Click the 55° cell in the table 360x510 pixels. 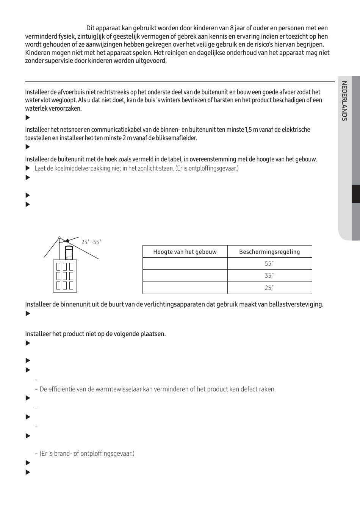269,264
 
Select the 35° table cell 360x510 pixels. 269,276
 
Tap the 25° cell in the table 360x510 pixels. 269,288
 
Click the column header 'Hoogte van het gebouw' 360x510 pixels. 185,252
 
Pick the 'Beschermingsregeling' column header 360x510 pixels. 269,252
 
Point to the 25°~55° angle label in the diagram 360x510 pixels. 91,242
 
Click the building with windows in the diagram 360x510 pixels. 65,276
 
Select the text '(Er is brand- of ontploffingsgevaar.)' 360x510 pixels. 87,454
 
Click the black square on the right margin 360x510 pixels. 355,194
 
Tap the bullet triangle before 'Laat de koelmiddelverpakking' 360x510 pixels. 27,168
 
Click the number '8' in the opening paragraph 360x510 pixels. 232,28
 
